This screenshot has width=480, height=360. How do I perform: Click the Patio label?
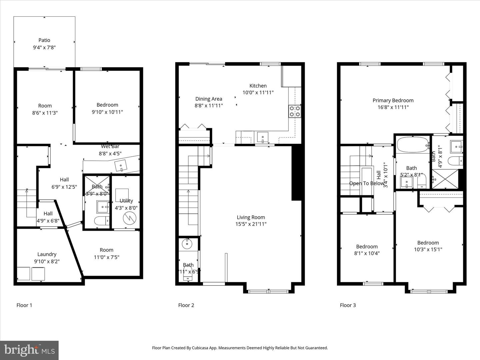[44, 40]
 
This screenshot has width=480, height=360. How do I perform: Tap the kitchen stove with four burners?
[295, 111]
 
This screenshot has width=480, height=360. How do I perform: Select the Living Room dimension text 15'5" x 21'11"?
[251, 224]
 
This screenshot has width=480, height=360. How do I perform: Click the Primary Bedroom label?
[393, 100]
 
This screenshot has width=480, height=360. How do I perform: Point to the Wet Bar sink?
[121, 165]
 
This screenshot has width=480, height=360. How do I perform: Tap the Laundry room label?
[47, 254]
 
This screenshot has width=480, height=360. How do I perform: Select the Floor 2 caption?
[186, 305]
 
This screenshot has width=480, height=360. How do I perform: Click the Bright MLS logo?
[29, 350]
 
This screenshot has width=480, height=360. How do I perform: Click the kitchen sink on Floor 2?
[263, 137]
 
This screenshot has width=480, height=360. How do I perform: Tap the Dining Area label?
[209, 99]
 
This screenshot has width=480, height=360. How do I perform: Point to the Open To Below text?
[366, 183]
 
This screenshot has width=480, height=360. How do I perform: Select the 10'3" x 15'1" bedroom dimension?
[428, 249]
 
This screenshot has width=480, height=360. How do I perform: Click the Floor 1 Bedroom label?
[107, 105]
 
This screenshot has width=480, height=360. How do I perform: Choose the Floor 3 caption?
[348, 305]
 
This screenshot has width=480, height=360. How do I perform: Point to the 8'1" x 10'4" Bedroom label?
[367, 247]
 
